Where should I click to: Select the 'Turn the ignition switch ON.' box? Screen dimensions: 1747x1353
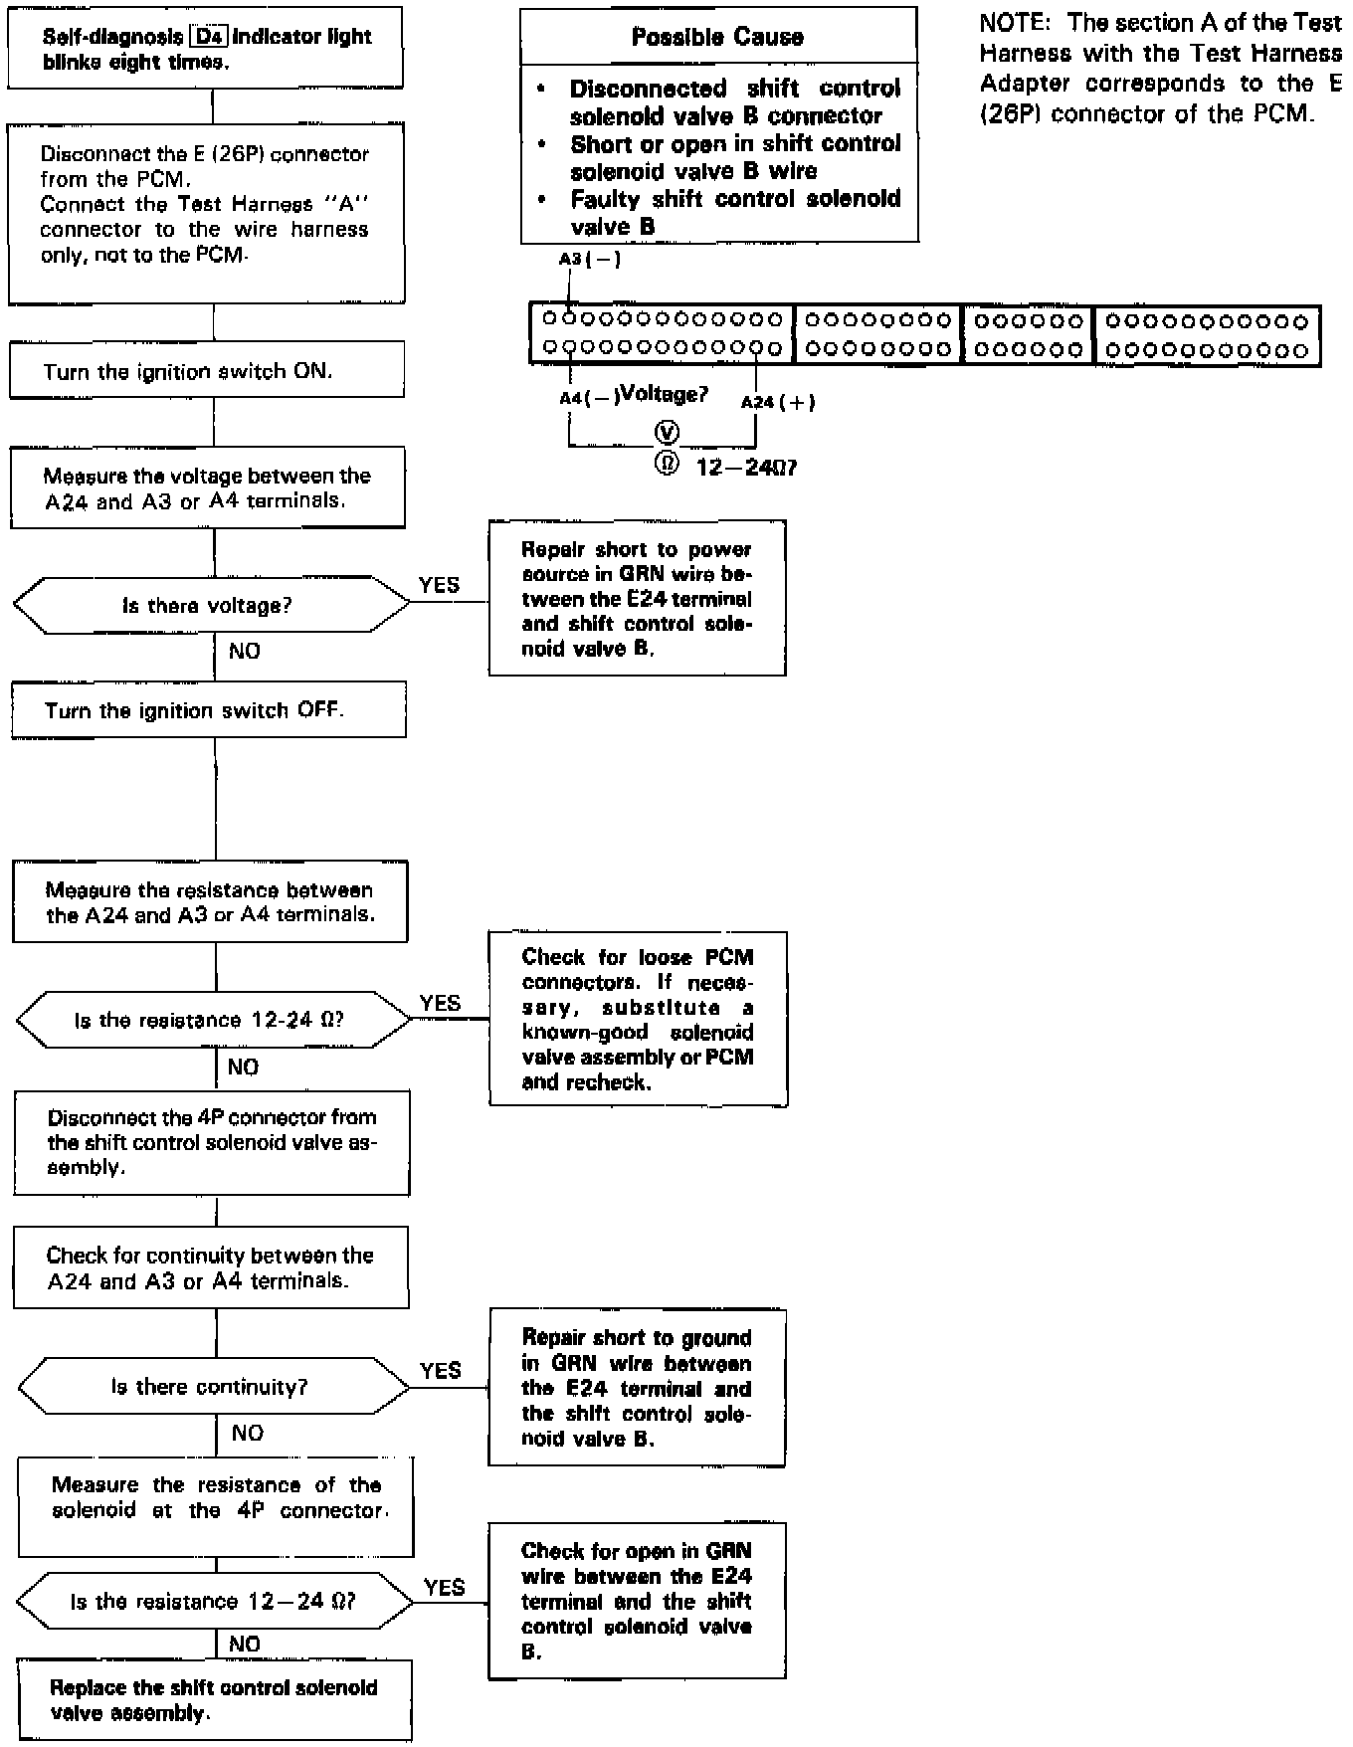click(x=207, y=370)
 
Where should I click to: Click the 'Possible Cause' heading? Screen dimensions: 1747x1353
click(x=717, y=37)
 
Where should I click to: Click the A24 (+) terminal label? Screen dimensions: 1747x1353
click(x=777, y=402)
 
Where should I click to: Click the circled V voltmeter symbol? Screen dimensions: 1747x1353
click(x=667, y=432)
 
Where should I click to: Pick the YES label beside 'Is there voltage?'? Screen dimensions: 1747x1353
click(x=439, y=585)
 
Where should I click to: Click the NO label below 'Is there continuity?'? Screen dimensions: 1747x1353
click(x=247, y=1433)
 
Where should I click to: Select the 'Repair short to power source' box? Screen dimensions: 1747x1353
click(x=637, y=598)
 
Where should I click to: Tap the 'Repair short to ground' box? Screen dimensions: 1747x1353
click(x=637, y=1388)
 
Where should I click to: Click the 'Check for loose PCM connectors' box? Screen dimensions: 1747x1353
click(x=638, y=1019)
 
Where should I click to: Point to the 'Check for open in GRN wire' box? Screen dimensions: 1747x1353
click(x=637, y=1601)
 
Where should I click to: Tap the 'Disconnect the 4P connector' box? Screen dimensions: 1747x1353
click(x=212, y=1142)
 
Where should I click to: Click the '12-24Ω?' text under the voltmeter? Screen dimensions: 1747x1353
click(x=746, y=467)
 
